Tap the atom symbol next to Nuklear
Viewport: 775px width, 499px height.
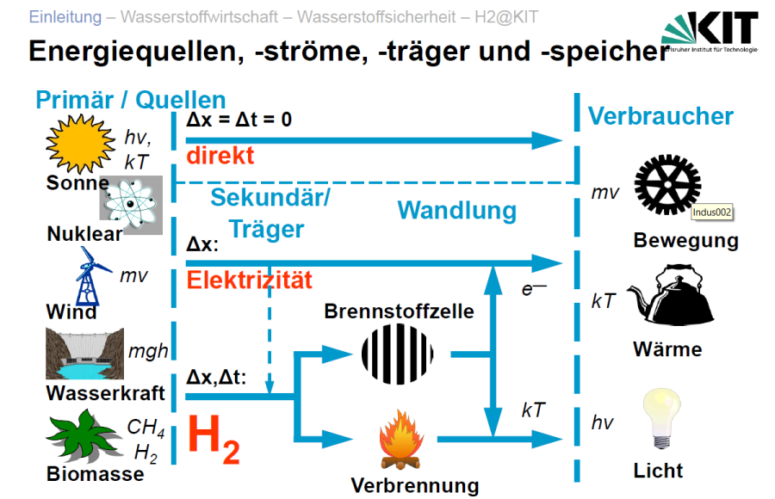[x=131, y=206]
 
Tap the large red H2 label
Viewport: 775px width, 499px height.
[x=214, y=438]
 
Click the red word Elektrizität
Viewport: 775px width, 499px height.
[x=249, y=280]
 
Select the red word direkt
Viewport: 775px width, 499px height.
[x=220, y=155]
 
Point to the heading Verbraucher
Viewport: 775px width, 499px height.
[x=660, y=116]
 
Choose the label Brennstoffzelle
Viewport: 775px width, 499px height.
[x=399, y=311]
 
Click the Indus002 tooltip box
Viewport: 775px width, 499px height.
[x=716, y=212]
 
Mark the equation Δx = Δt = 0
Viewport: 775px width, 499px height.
[x=239, y=119]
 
